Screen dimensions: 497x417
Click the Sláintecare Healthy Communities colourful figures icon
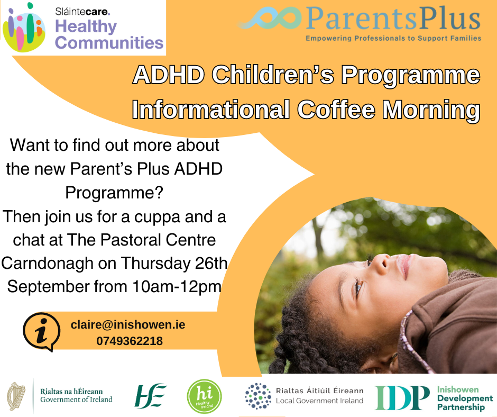[x=24, y=28]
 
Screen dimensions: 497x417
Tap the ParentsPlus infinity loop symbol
[x=271, y=18]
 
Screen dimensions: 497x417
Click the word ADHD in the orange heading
[x=169, y=75]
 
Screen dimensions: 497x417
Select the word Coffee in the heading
[x=336, y=110]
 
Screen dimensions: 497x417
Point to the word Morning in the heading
[x=431, y=110]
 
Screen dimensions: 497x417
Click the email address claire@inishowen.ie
[x=128, y=324]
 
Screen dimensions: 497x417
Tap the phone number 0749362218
[x=130, y=341]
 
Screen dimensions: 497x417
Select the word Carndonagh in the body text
[x=47, y=264]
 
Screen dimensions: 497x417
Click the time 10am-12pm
[x=177, y=287]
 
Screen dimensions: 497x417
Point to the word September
[x=49, y=287]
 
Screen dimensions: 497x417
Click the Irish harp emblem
[x=16, y=396]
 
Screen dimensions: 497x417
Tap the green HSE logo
[x=150, y=396]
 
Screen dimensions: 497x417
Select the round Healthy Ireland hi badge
[x=204, y=396]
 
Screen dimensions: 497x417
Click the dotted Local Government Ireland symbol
[x=258, y=396]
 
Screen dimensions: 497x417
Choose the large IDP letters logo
[x=402, y=397]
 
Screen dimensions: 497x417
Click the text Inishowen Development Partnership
[x=465, y=398]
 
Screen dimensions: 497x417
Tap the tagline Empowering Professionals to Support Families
[x=393, y=39]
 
